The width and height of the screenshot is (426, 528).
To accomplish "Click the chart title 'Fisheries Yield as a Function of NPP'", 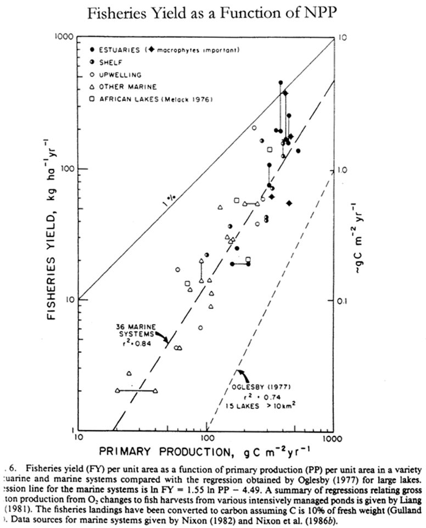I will [x=213, y=14].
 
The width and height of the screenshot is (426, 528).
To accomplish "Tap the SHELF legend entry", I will [x=109, y=62].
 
